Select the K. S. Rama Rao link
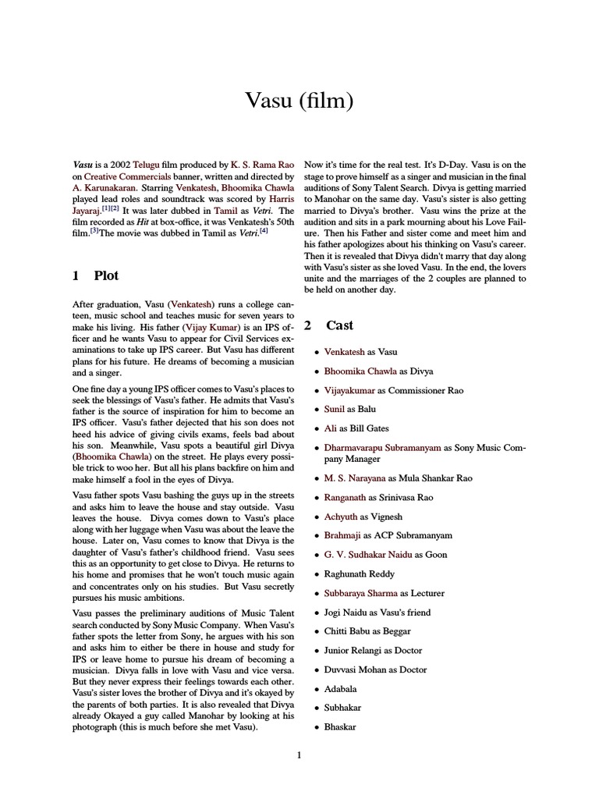(x=262, y=165)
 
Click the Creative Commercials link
(x=122, y=177)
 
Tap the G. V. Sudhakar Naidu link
(x=367, y=555)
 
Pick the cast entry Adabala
(x=341, y=689)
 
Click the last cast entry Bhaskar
(x=340, y=727)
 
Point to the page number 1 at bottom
(x=299, y=755)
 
